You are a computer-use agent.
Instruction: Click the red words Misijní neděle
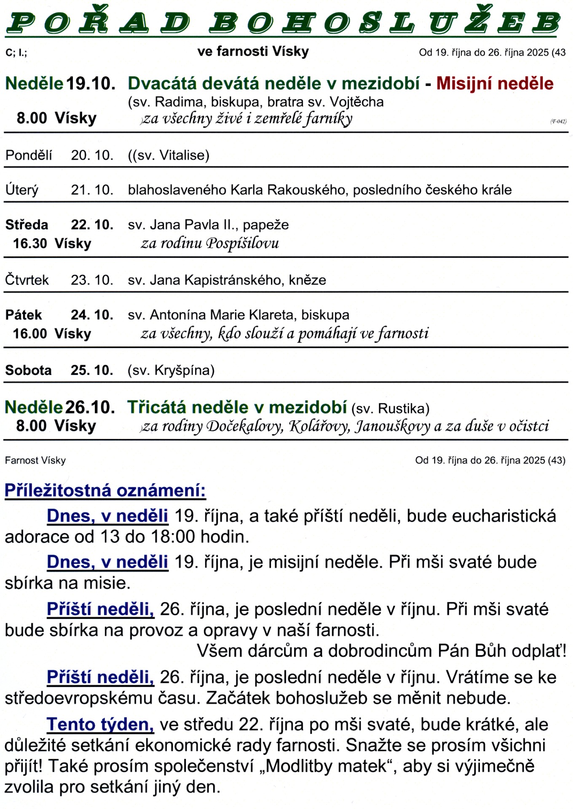(x=495, y=83)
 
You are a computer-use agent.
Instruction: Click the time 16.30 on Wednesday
(x=30, y=244)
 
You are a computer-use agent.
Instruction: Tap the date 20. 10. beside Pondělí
(x=92, y=155)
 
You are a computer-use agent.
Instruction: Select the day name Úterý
(x=21, y=190)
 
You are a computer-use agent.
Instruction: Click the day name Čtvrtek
(x=27, y=280)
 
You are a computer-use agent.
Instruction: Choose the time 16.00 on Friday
(x=30, y=334)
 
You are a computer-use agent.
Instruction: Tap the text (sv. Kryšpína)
(x=171, y=370)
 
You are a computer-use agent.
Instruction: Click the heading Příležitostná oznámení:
(x=105, y=490)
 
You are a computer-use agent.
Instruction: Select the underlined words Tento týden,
(x=100, y=724)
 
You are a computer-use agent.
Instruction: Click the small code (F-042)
(x=558, y=121)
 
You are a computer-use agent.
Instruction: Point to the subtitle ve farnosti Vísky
(x=253, y=51)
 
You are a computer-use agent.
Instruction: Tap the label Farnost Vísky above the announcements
(x=35, y=460)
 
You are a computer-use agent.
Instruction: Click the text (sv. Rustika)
(x=390, y=408)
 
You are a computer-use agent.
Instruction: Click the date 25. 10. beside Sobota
(x=92, y=370)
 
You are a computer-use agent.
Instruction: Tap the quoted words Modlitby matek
(x=327, y=766)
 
